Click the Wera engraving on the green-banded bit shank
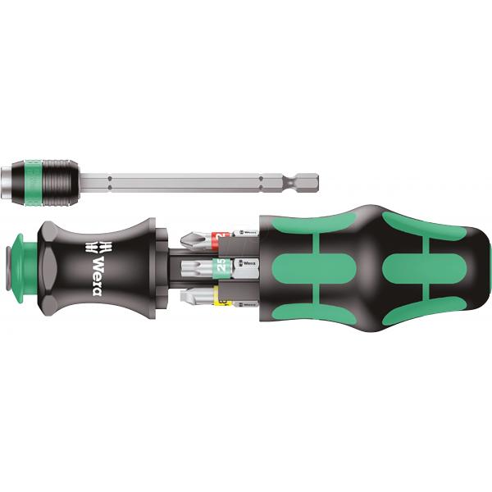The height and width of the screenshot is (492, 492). (x=244, y=264)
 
